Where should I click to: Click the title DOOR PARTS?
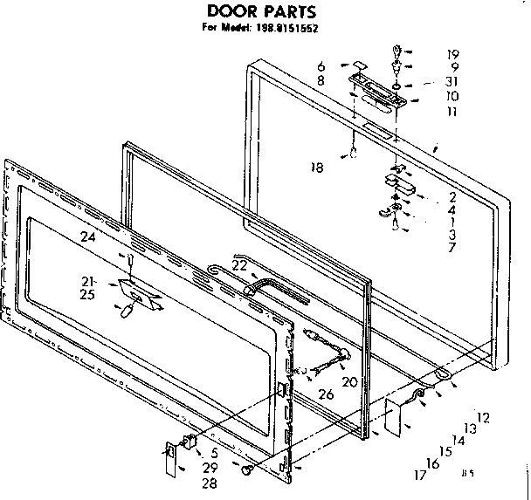[254, 12]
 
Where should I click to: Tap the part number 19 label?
[452, 52]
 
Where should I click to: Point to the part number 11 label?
[452, 113]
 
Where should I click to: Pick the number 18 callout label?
[318, 168]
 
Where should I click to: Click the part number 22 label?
[240, 265]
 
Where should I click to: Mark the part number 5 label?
[214, 453]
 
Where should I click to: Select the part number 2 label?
[452, 196]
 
